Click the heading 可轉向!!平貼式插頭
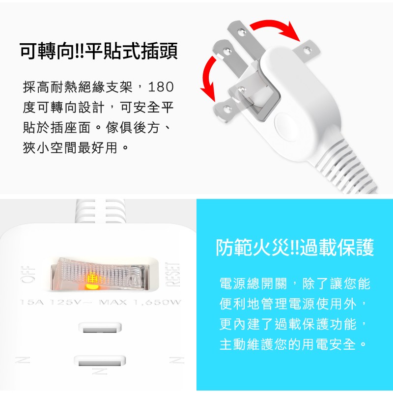click(x=99, y=51)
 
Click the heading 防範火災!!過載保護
click(x=295, y=248)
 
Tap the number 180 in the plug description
click(x=161, y=87)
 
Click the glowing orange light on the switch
click(x=92, y=286)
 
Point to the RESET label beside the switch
click(x=172, y=275)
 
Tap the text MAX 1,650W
click(x=140, y=302)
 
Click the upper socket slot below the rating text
click(x=100, y=328)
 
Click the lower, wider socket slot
click(x=100, y=361)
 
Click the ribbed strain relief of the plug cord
click(x=346, y=168)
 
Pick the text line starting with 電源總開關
click(x=295, y=284)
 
